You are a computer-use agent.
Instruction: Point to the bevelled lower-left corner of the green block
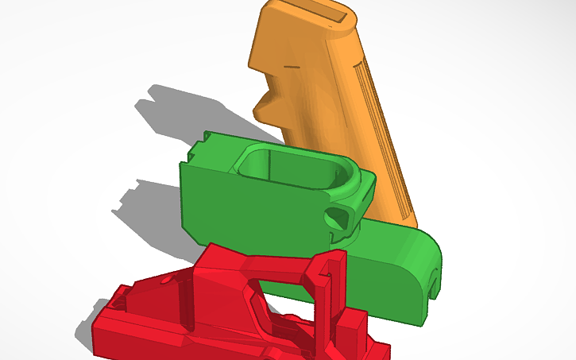click(x=195, y=231)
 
